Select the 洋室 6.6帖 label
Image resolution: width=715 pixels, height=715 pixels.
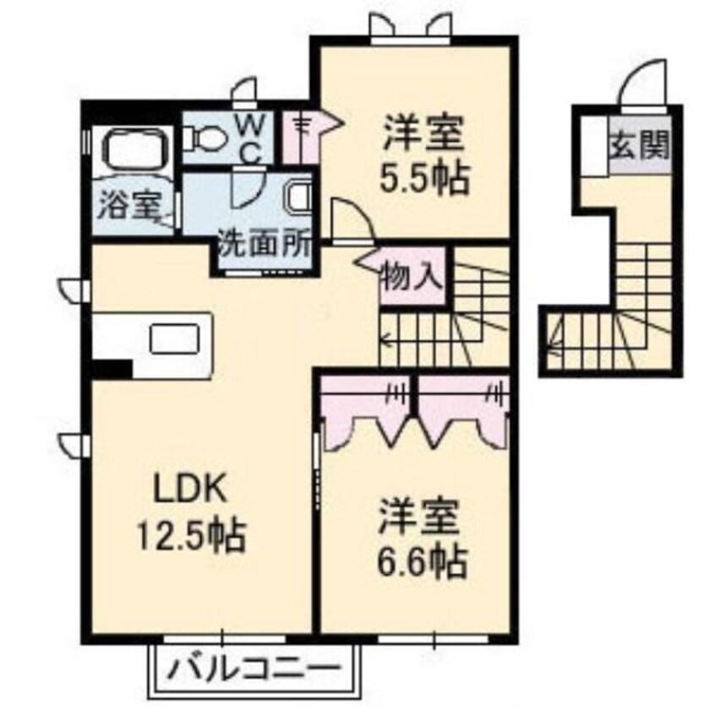click(423, 539)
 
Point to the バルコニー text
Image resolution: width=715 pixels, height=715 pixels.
click(254, 669)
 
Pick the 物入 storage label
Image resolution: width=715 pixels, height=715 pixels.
click(413, 276)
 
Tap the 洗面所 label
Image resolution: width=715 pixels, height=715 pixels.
click(265, 246)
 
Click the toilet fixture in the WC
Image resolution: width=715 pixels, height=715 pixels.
click(204, 138)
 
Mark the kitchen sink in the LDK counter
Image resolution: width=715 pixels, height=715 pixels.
click(175, 338)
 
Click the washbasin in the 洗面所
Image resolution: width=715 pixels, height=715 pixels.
click(298, 196)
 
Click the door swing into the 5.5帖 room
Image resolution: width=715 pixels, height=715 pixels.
click(351, 218)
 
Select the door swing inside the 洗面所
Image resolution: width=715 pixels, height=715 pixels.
click(248, 186)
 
